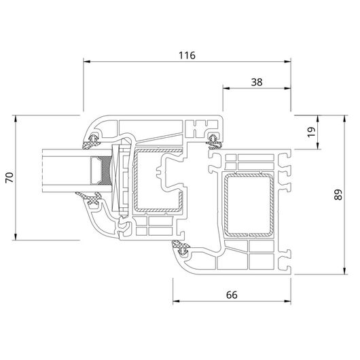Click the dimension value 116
pyautogui.click(x=187, y=56)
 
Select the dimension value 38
pyautogui.click(x=257, y=82)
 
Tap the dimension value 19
pyautogui.click(x=312, y=132)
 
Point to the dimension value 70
pyautogui.click(x=10, y=177)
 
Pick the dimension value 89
pyautogui.click(x=338, y=195)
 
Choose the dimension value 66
pyautogui.click(x=232, y=295)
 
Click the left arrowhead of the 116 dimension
pyautogui.click(x=87, y=62)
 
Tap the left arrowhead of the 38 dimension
pyautogui.click(x=226, y=88)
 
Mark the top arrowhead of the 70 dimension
pyautogui.click(x=16, y=119)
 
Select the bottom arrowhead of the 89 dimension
pyautogui.click(x=344, y=271)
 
